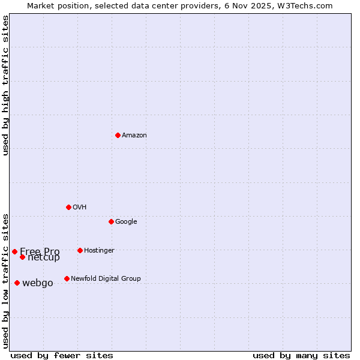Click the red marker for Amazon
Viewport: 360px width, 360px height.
coord(118,135)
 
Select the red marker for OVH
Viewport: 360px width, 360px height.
coord(68,207)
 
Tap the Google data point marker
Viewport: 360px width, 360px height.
coord(111,221)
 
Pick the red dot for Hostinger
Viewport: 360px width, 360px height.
coord(80,250)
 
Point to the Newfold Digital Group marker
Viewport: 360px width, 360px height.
coord(67,278)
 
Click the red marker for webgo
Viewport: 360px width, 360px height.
coord(17,283)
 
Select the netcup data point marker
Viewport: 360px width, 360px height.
coord(22,257)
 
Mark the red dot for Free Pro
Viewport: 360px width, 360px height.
coord(14,251)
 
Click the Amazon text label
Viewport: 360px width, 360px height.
coord(134,136)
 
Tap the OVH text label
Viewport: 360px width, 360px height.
coord(80,208)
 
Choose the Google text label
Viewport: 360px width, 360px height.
coord(126,222)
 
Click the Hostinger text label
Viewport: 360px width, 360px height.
coord(99,251)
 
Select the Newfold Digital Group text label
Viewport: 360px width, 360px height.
coord(106,279)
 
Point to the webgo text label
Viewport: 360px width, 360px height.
coord(38,283)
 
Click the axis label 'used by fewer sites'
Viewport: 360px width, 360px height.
coord(62,355)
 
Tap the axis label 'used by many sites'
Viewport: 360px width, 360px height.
coord(301,355)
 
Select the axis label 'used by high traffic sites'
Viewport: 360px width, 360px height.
coord(6,85)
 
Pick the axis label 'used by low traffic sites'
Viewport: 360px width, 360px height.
coord(6,280)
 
